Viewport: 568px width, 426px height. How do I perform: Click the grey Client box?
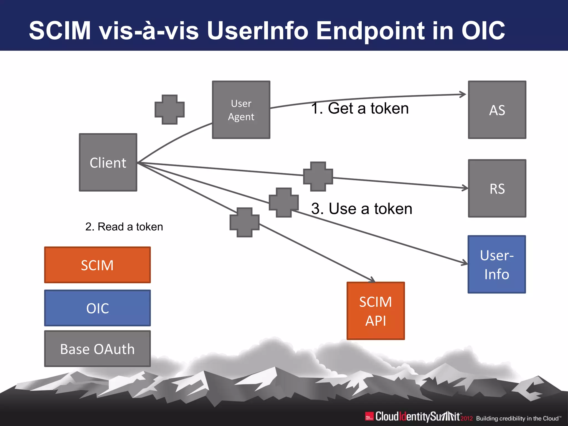(x=108, y=163)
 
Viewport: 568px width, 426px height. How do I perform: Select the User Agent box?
(x=241, y=110)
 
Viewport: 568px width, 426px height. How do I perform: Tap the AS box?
(x=497, y=110)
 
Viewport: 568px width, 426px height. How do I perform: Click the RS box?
(x=497, y=188)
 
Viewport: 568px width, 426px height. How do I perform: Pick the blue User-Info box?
(x=496, y=264)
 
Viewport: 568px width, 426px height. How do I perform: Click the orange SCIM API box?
(x=376, y=311)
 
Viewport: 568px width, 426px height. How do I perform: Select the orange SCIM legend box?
(x=97, y=265)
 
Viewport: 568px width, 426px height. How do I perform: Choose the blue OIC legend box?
(x=97, y=308)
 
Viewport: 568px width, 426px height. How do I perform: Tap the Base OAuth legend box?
(x=97, y=349)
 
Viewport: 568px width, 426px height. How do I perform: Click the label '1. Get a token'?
(x=360, y=108)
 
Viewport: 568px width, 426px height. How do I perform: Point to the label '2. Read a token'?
(x=124, y=227)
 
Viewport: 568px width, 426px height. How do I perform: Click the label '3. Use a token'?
(x=361, y=209)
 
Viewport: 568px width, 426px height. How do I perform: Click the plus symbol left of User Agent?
(x=169, y=110)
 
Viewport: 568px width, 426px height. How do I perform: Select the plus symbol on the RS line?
(x=318, y=176)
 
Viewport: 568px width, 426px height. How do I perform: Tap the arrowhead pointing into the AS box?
(x=463, y=94)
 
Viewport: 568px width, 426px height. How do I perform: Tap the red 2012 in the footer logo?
(x=466, y=418)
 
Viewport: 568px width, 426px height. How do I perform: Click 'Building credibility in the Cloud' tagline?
(x=518, y=418)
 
